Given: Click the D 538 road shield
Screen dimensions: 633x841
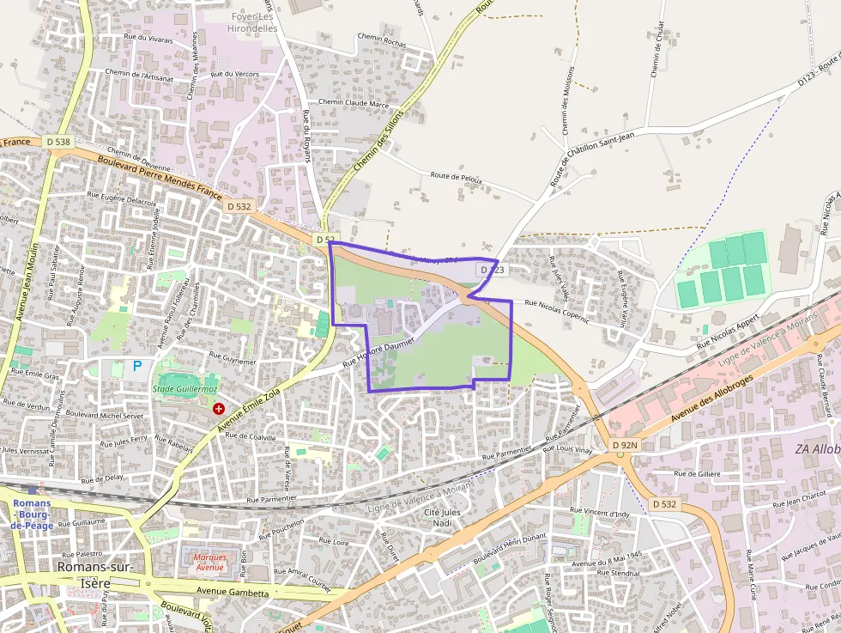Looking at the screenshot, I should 58,142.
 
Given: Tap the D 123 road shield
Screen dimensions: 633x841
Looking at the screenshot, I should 493,270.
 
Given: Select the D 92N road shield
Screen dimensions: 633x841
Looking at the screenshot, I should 626,445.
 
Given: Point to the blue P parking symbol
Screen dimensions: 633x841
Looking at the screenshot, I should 136,366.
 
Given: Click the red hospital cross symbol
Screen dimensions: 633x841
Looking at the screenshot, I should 219,409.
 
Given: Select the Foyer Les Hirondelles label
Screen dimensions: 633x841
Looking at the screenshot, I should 252,22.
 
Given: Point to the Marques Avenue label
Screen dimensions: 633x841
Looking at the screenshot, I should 209,563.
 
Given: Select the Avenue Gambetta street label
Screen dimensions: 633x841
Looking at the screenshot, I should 233,593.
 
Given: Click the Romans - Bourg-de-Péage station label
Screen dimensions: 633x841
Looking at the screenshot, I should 33,514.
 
